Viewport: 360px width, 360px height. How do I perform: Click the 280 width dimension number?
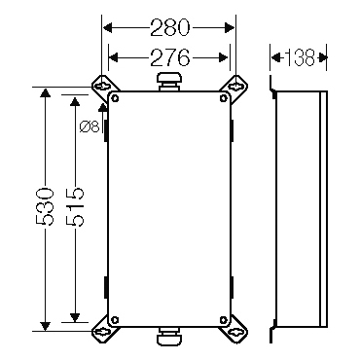point(169,27)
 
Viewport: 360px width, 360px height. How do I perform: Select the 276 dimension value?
point(169,57)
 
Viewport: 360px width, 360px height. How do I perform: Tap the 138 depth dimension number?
point(300,57)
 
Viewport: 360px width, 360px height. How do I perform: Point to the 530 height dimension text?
point(44,206)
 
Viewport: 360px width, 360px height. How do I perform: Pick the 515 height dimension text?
point(75,206)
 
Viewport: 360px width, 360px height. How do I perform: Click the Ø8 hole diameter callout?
point(90,126)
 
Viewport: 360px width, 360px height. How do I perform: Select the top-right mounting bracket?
point(234,88)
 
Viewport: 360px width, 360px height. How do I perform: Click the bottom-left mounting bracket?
point(105,330)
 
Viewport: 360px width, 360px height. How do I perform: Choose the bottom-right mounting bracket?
point(234,330)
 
